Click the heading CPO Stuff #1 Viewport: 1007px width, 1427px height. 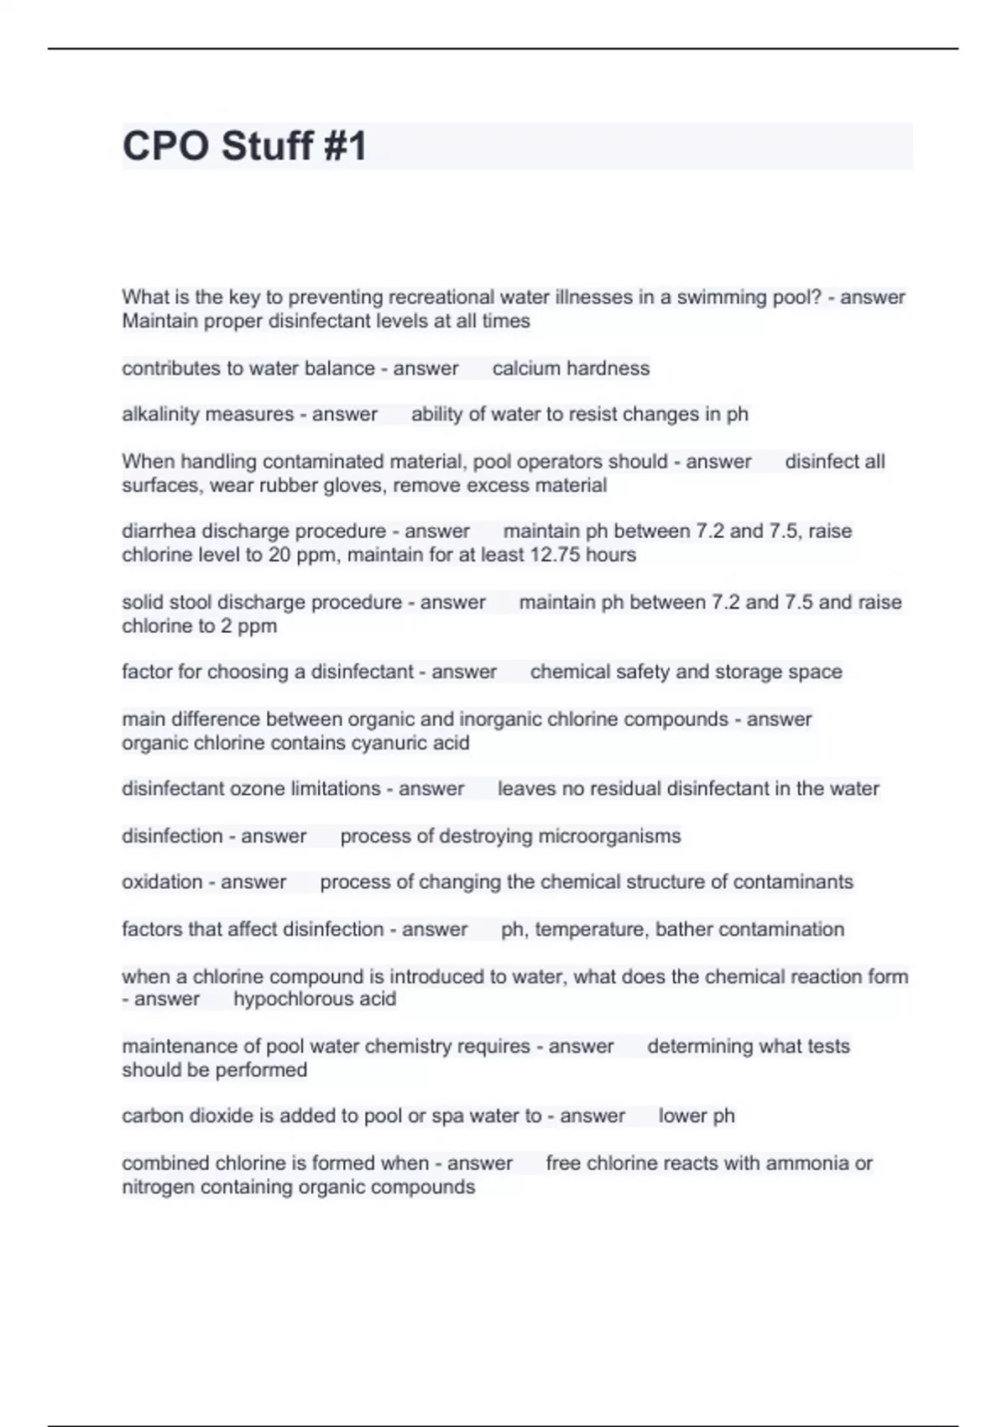tap(244, 146)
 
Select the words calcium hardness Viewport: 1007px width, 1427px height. tap(571, 369)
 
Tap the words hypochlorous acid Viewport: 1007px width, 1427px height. tap(315, 999)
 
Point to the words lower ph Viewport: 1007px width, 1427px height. tap(697, 1116)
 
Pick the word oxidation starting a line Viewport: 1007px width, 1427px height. tap(162, 882)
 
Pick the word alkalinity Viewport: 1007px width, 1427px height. tap(159, 415)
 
